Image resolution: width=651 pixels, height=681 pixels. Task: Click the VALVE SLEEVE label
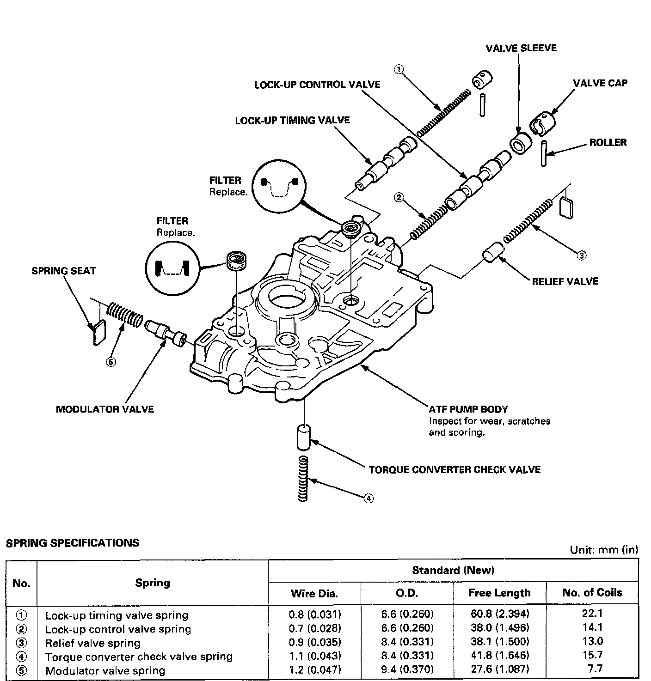(521, 48)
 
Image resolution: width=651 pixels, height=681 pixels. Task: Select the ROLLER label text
(608, 142)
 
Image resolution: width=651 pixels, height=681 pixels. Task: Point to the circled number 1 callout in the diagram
(399, 70)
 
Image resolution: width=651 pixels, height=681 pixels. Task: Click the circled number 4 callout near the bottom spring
(368, 498)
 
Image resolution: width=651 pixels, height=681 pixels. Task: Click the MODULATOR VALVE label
(105, 409)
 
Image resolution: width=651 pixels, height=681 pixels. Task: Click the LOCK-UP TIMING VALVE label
(293, 121)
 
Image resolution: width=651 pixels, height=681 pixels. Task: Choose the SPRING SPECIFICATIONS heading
(73, 543)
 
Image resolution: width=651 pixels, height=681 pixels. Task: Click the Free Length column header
(499, 593)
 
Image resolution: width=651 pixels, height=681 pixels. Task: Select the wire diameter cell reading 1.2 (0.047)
(315, 670)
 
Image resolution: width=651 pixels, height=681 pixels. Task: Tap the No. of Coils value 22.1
(593, 614)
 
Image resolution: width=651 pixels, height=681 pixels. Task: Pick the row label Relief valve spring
(92, 643)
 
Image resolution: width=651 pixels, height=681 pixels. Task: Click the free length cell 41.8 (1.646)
(499, 656)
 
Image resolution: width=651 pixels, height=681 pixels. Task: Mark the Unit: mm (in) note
(604, 550)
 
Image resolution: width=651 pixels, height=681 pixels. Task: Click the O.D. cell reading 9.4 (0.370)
(407, 670)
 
